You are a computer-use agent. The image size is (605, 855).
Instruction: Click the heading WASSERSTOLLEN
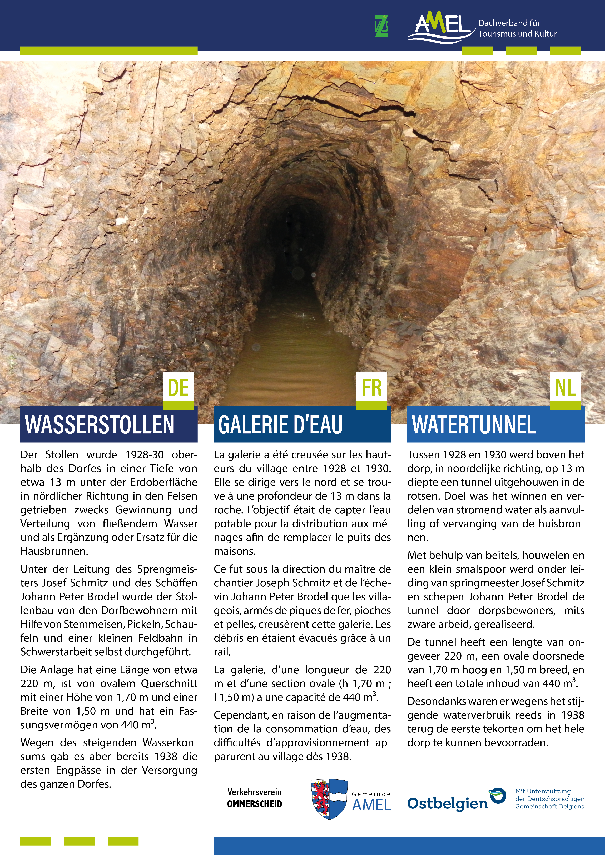[x=100, y=424]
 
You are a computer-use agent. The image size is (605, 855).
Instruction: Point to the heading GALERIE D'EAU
[x=280, y=424]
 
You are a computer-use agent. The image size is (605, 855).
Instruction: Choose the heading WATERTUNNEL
[x=474, y=424]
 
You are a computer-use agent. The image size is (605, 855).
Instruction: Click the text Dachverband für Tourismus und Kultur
[x=517, y=28]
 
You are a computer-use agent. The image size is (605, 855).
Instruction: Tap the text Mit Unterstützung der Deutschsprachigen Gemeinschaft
[x=549, y=798]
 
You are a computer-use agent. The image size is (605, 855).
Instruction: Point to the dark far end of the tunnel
[x=294, y=238]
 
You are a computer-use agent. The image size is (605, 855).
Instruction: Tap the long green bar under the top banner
[x=109, y=51]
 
